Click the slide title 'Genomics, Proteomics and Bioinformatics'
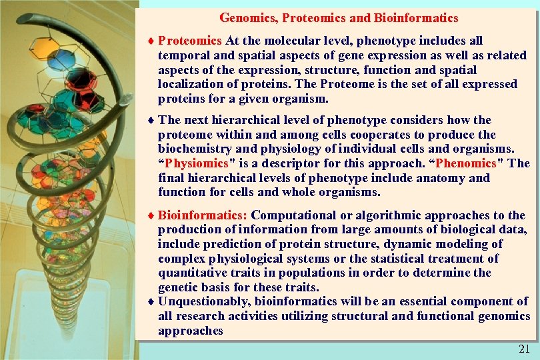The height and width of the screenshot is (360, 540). pos(339,18)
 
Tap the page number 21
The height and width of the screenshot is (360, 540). pos(524,349)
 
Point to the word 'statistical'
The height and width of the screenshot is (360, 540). pos(404,259)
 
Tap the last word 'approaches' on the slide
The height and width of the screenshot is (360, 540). pos(190,331)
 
